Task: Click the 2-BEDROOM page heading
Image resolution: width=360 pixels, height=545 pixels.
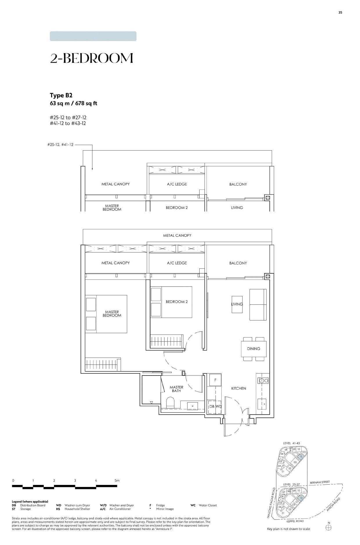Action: pos(92,58)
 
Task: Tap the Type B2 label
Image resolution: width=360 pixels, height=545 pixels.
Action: pos(61,95)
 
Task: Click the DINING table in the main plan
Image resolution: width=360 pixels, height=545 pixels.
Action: pos(253,349)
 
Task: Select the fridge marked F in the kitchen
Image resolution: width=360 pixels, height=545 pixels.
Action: pos(215,380)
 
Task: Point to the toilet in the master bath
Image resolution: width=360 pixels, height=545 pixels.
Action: pos(170,403)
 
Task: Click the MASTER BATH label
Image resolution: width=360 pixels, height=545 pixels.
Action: pos(176,389)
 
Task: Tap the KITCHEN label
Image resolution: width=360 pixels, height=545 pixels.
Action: pos(238,388)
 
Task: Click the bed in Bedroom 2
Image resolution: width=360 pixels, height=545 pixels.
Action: pos(176,302)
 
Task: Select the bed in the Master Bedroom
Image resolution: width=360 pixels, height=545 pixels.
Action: pos(111,314)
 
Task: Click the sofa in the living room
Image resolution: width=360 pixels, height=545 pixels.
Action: pos(258,304)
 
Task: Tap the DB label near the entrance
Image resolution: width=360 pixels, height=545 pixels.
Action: pos(212,406)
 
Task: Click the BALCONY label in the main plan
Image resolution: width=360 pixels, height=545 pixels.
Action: pos(238,263)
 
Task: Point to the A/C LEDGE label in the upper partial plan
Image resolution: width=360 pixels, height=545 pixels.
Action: pos(177,184)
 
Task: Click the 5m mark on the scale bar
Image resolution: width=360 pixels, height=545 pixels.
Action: pos(117,481)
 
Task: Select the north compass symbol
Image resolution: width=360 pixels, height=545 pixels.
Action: pos(328,528)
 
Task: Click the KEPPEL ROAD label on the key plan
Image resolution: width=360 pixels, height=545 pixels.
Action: pos(295,521)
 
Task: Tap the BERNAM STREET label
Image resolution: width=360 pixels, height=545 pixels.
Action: pos(320,482)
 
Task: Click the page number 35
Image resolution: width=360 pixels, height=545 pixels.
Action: pos(340,12)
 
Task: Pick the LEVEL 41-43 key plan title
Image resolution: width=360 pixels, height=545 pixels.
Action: pos(291,443)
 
